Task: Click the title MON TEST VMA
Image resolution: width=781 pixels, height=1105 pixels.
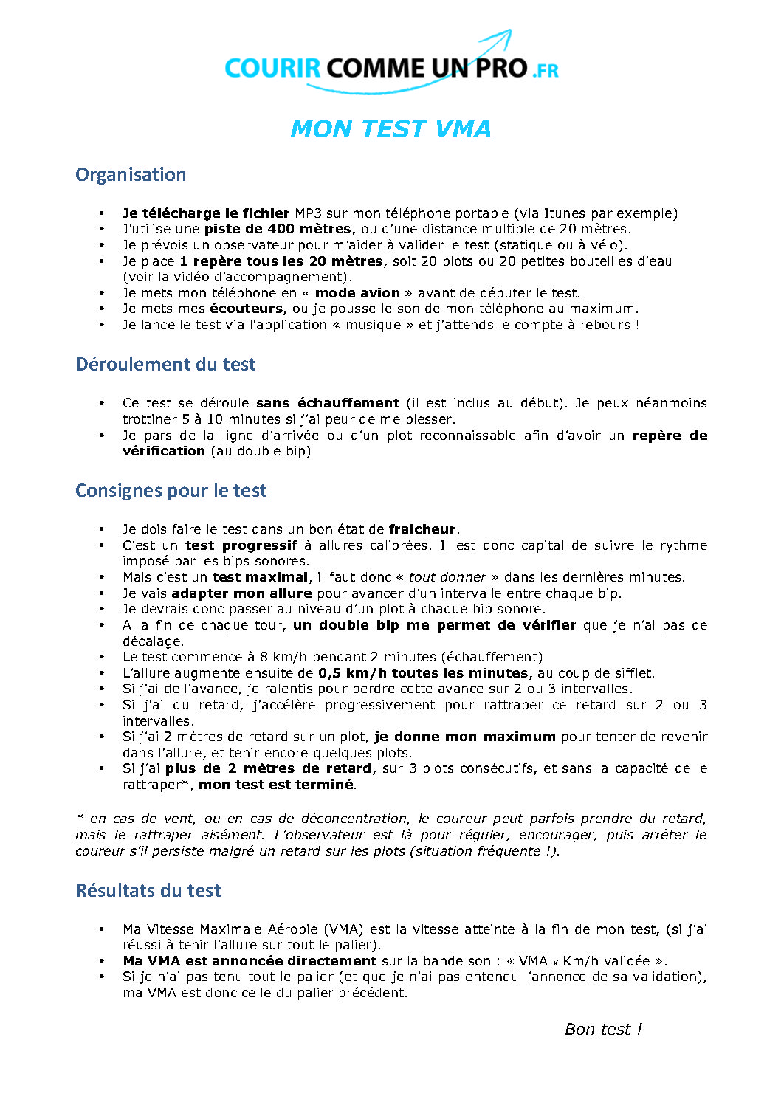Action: pyautogui.click(x=390, y=129)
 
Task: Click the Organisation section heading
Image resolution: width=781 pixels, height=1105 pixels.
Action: pyautogui.click(x=131, y=175)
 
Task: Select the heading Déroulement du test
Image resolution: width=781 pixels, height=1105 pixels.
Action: pyautogui.click(x=165, y=365)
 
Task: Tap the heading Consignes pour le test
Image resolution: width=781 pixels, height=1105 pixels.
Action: pyautogui.click(x=171, y=491)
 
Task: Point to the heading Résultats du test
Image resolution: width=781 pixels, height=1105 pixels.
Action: pyautogui.click(x=148, y=891)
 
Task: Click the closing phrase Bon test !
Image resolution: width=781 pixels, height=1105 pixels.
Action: pyautogui.click(x=603, y=1030)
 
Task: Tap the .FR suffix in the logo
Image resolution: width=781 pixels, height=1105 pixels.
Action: pyautogui.click(x=545, y=71)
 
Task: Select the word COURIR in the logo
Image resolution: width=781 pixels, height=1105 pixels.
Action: pyautogui.click(x=272, y=69)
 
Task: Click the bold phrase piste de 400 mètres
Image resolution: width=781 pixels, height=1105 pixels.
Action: pyautogui.click(x=278, y=229)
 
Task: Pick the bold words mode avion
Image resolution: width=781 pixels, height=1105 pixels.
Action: pyautogui.click(x=357, y=293)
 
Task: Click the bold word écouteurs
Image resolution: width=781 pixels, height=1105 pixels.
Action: pyautogui.click(x=247, y=309)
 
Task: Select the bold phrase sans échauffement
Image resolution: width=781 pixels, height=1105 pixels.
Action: pyautogui.click(x=327, y=403)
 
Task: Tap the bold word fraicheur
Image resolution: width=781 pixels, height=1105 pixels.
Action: pyautogui.click(x=422, y=529)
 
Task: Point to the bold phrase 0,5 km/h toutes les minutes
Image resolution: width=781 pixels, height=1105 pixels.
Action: pyautogui.click(x=423, y=673)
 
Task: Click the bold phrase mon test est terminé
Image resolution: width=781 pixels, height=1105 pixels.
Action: pyautogui.click(x=276, y=785)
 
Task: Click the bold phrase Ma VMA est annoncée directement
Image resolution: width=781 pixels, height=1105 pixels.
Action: pyautogui.click(x=250, y=961)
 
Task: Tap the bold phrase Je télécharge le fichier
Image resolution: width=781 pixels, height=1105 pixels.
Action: pyautogui.click(x=205, y=213)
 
